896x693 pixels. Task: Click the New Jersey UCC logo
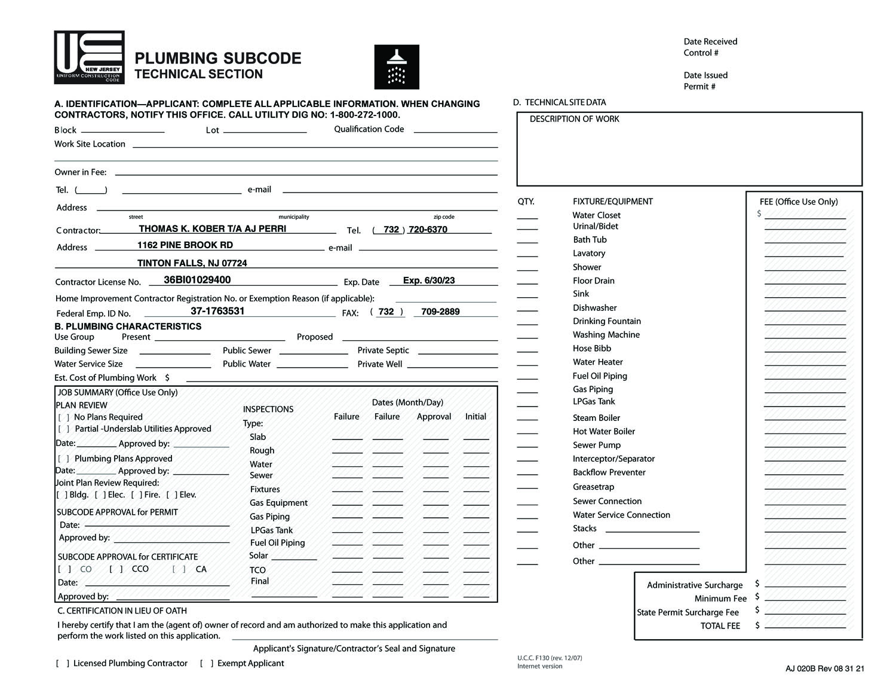tap(90, 57)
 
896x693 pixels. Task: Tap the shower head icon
tap(397, 66)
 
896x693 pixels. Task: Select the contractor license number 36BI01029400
tap(197, 280)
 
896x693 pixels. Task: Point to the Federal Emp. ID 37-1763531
tap(217, 311)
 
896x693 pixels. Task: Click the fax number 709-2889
tap(440, 312)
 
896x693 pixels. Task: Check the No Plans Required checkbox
tap(64, 417)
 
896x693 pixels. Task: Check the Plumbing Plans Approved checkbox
tap(64, 459)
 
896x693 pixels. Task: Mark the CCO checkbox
tap(116, 569)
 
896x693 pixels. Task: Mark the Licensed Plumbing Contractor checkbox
tap(63, 663)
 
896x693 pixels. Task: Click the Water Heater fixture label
tap(597, 362)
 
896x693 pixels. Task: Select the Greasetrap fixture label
tap(593, 487)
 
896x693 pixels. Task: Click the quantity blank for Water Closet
tap(527, 216)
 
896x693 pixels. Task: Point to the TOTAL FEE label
tap(720, 626)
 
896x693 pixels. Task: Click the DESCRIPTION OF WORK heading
tap(574, 119)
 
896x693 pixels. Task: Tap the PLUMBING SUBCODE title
tap(218, 58)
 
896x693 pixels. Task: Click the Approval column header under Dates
tap(434, 417)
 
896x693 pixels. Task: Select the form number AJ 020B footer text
tap(824, 669)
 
